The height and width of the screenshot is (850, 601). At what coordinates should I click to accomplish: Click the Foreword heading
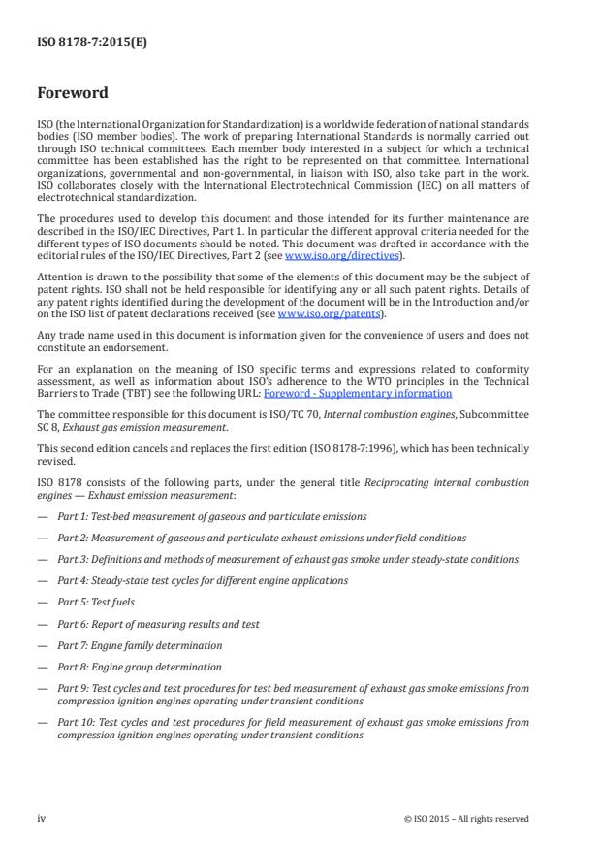pyautogui.click(x=72, y=94)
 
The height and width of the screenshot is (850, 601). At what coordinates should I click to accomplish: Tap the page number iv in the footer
pyautogui.click(x=42, y=818)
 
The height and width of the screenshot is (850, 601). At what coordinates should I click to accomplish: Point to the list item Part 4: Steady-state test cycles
pyautogui.click(x=199, y=580)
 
